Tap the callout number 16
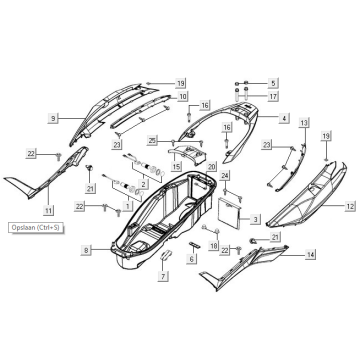tap(204, 105)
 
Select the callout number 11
tap(47, 211)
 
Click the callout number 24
tap(225, 176)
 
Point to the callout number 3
tap(256, 218)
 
